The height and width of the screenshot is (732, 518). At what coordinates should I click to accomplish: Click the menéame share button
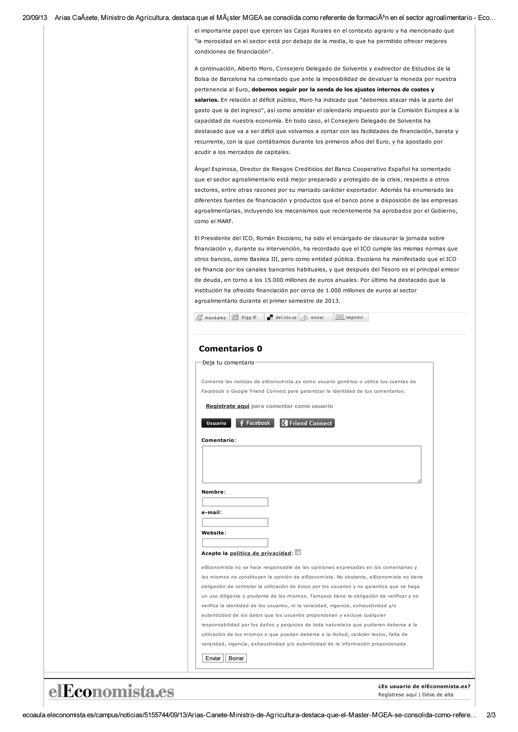coord(212,317)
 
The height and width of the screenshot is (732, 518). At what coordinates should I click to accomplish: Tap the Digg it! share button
coord(247,317)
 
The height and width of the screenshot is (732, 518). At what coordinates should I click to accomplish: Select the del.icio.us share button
coord(282,317)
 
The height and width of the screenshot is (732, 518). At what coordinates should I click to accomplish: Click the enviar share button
coord(316,317)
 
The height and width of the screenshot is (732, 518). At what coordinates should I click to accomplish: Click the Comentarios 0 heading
coord(230,349)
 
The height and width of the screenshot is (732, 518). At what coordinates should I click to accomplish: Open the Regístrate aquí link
coord(227,406)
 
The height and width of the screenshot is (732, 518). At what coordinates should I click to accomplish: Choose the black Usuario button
coord(216,423)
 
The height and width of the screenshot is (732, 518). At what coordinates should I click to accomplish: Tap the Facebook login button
coord(255,423)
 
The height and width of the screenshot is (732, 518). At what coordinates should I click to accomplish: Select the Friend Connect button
coord(307,423)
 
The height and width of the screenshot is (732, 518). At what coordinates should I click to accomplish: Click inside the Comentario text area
coord(312,464)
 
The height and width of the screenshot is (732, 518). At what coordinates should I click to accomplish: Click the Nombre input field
coord(235,502)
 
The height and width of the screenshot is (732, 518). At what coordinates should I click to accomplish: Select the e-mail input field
coord(235,522)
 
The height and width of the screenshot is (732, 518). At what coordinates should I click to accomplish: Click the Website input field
coord(235,543)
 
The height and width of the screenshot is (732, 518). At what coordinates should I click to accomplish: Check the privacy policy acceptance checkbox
coord(298,552)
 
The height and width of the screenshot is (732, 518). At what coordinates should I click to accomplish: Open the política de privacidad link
coord(260,553)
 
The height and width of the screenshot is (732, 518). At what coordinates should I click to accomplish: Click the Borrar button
coord(236,658)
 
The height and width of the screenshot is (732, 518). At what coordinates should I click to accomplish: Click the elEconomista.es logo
coord(111,692)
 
